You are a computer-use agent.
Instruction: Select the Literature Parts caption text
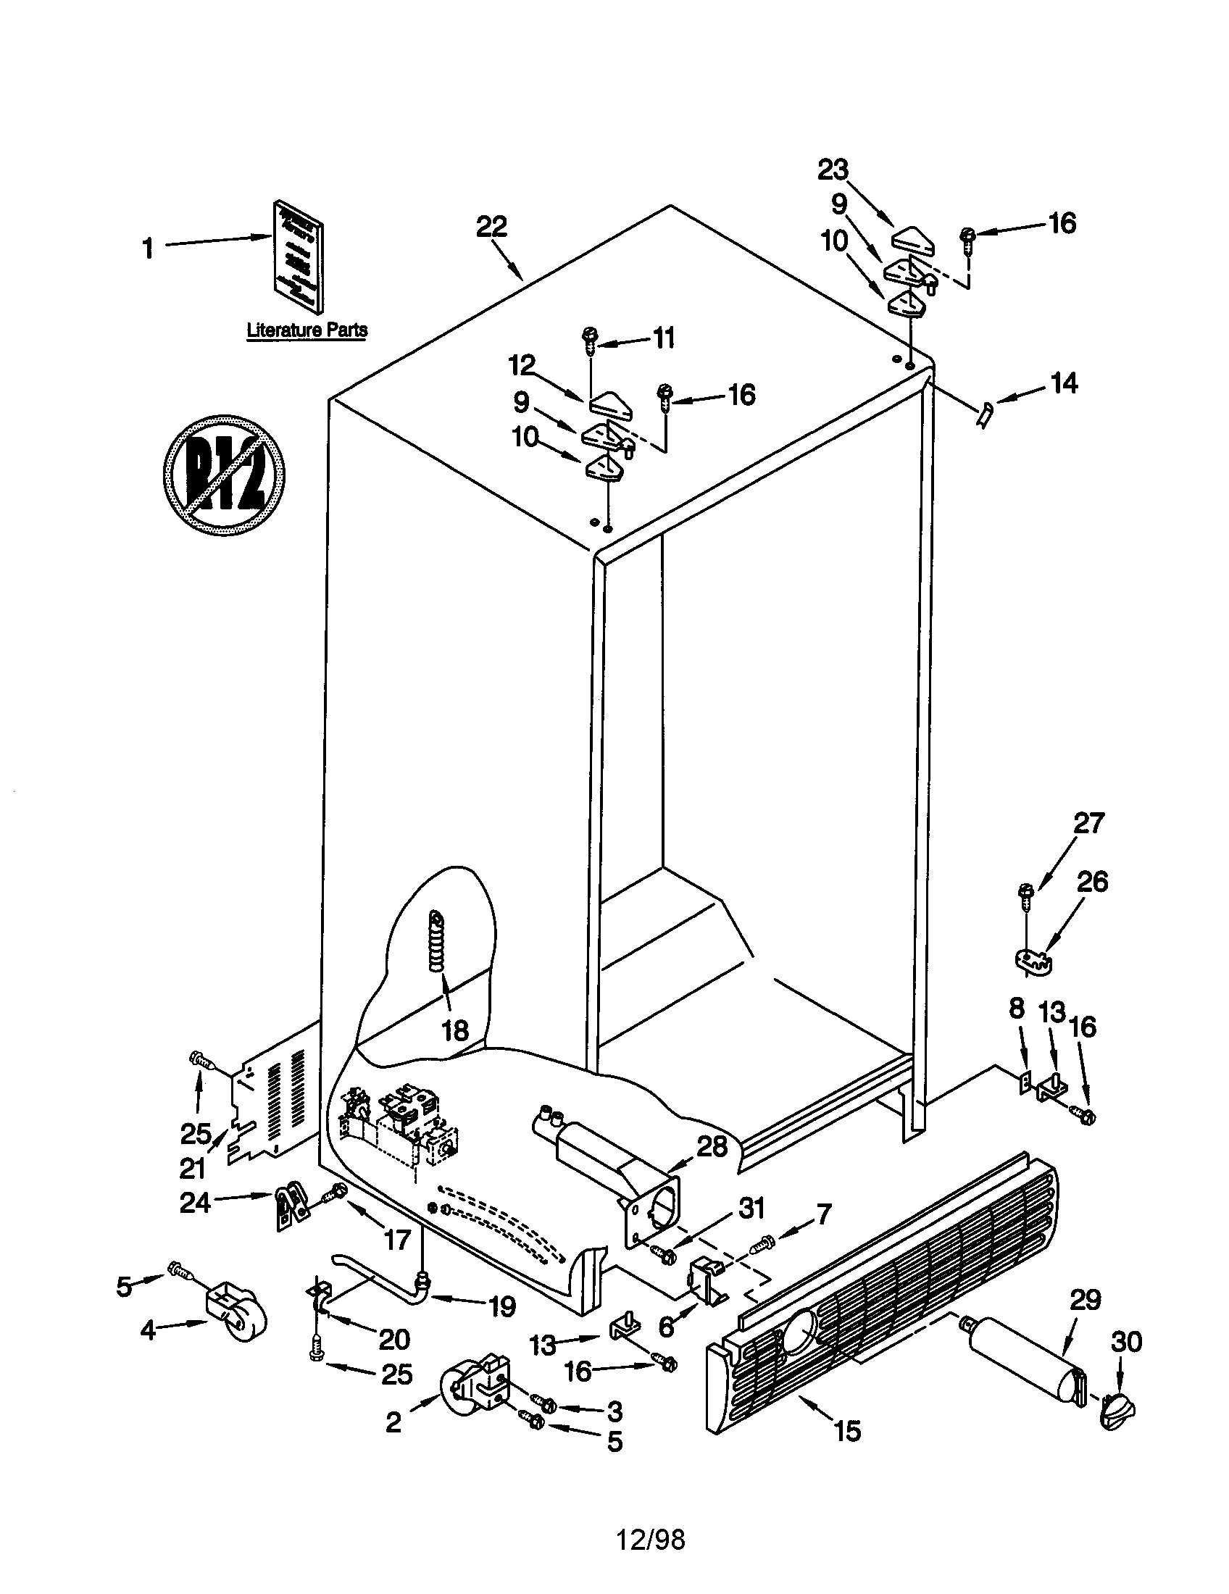coord(307,330)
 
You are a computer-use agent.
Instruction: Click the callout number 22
coord(491,227)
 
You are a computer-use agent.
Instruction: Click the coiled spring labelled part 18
coord(436,941)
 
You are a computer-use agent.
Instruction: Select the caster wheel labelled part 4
coord(236,1316)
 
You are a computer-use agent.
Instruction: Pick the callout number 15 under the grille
coord(846,1430)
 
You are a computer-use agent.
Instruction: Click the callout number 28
coord(712,1147)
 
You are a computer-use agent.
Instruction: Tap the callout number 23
coord(833,170)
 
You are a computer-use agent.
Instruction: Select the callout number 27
coord(1088,823)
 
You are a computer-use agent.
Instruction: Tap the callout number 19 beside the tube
coord(502,1306)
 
